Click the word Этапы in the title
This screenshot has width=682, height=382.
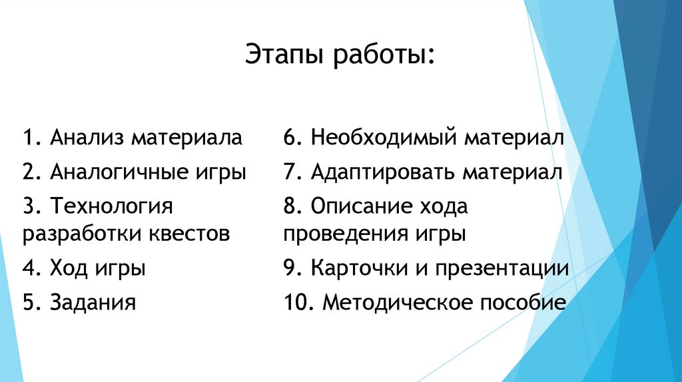click(x=281, y=55)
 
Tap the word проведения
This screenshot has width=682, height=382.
click(x=337, y=234)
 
